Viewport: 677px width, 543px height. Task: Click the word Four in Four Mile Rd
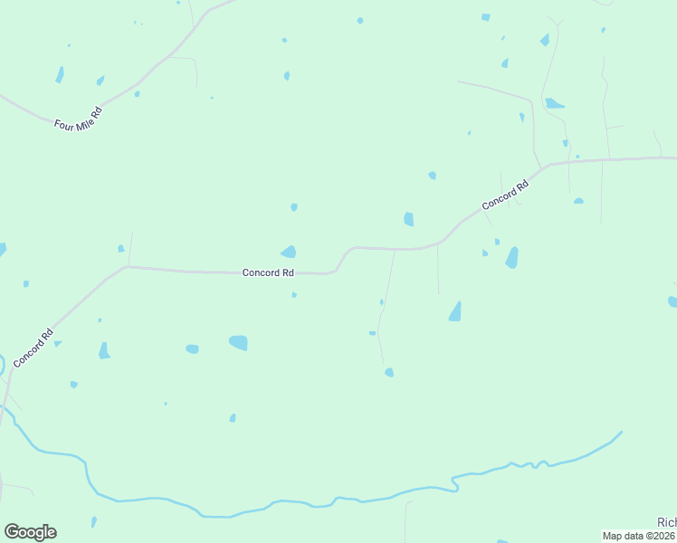click(66, 125)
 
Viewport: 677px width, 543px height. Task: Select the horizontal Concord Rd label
click(268, 272)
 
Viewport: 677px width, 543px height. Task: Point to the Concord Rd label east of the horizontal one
click(505, 196)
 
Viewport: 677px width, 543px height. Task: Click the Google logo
click(30, 532)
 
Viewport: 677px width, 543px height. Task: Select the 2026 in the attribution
click(661, 536)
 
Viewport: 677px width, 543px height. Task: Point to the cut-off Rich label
click(666, 522)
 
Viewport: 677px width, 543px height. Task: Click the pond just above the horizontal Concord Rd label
click(289, 252)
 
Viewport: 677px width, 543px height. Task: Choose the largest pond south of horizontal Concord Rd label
click(239, 342)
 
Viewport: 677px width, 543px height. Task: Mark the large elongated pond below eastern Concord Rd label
click(512, 258)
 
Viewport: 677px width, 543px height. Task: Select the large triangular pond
click(455, 312)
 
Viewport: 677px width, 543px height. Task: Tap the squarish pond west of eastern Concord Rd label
click(409, 219)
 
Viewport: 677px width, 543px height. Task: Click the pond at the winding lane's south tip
click(389, 372)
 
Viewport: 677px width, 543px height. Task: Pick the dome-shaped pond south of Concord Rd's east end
click(578, 201)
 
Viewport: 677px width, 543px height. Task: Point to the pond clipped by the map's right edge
click(672, 301)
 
